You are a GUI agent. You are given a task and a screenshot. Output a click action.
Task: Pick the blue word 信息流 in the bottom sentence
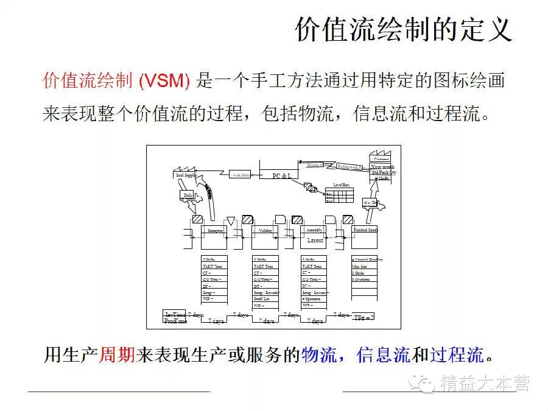point(383,354)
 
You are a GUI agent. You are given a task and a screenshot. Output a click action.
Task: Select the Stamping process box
point(214,231)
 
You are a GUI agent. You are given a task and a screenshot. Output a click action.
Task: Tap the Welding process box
point(265,231)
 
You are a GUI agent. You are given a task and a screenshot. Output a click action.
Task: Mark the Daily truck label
point(188,195)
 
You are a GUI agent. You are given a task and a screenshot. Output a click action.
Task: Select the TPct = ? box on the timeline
point(364,317)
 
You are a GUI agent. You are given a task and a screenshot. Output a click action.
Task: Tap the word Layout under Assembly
point(315,241)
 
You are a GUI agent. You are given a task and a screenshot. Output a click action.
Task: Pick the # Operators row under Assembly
point(314,299)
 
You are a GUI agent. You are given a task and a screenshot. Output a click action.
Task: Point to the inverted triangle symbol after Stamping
point(230,220)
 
